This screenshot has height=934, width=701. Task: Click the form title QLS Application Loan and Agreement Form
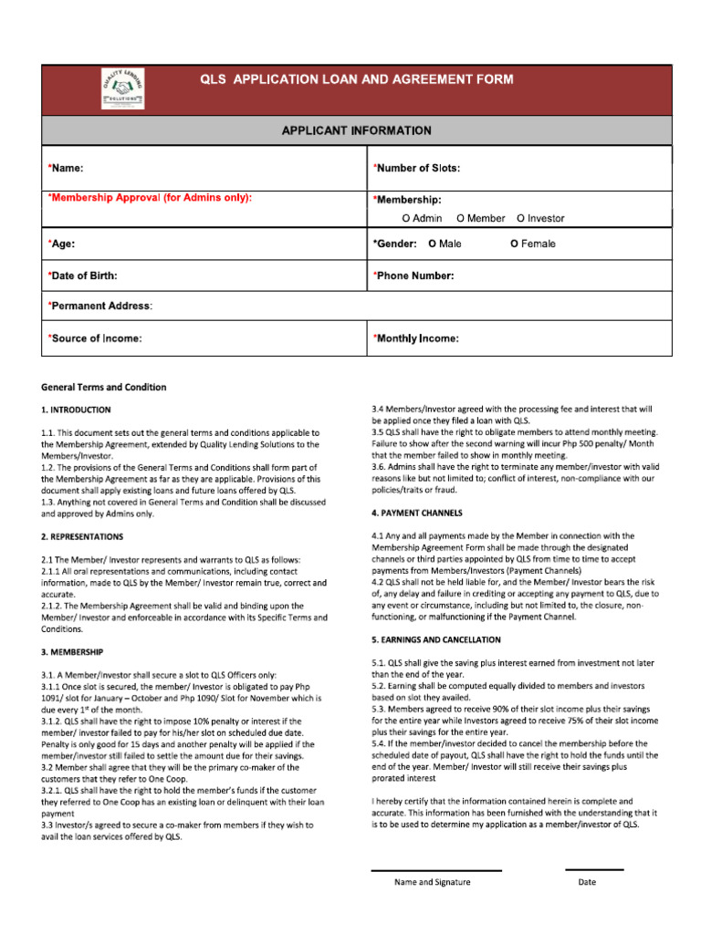tap(357, 79)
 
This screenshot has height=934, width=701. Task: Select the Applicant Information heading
tap(357, 130)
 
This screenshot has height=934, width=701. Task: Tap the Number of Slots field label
tap(416, 168)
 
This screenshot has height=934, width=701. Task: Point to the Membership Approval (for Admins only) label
tap(150, 197)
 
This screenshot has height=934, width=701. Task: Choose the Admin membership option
tap(422, 218)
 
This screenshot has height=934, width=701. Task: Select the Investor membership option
tap(540, 218)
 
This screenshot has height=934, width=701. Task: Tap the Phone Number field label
tap(413, 275)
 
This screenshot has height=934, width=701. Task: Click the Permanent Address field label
tap(100, 306)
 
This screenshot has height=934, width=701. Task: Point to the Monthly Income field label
tap(415, 338)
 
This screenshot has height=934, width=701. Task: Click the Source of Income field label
tap(95, 338)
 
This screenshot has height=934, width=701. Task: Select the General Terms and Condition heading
tap(104, 387)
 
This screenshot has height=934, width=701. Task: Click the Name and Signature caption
tap(432, 882)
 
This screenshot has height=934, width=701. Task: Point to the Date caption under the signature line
tap(587, 882)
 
